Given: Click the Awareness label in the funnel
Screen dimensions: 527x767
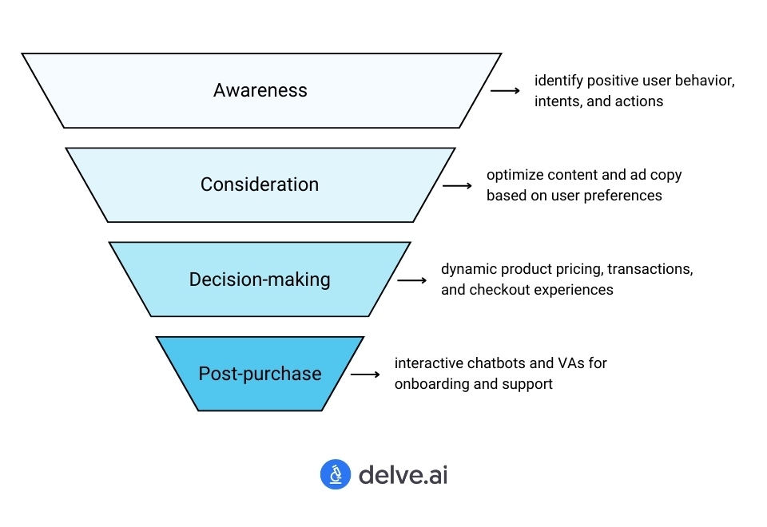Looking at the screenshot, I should click(x=260, y=90).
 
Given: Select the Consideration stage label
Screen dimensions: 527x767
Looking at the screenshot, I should click(x=260, y=184).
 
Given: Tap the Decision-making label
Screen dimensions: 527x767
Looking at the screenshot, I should click(x=260, y=279).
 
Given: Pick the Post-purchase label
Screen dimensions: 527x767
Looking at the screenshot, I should click(x=260, y=374).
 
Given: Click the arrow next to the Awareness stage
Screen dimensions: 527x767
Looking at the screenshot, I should click(x=505, y=91).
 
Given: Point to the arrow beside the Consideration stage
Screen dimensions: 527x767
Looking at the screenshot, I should click(x=457, y=185).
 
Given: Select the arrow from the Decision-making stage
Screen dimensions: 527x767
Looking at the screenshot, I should click(x=411, y=280).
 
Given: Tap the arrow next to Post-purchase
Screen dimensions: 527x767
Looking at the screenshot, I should click(x=365, y=374).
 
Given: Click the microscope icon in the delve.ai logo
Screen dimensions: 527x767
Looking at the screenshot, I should click(x=336, y=474).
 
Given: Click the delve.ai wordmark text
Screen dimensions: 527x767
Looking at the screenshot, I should click(x=403, y=475).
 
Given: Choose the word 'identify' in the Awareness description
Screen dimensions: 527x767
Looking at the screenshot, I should click(x=557, y=81).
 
